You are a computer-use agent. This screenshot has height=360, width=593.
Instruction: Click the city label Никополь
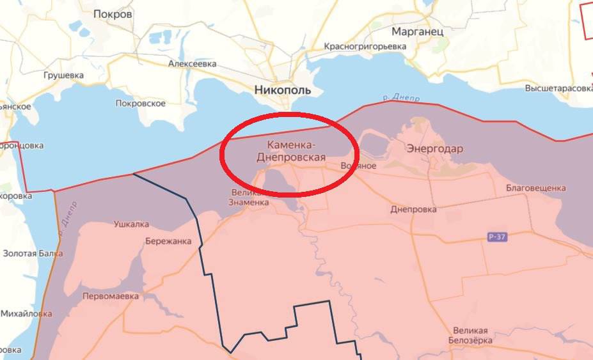[282, 90]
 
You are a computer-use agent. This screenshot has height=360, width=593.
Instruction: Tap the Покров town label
[113, 13]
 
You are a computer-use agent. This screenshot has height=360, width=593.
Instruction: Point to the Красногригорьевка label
[365, 47]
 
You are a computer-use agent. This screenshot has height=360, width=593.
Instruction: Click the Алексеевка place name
[192, 64]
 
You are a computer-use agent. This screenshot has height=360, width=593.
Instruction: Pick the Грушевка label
[63, 75]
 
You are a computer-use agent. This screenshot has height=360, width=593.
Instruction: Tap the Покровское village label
[140, 104]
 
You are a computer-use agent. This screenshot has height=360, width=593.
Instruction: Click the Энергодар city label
[434, 148]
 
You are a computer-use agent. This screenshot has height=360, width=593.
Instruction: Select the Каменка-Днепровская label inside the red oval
[291, 152]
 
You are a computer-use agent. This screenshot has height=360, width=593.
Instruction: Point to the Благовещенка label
[535, 188]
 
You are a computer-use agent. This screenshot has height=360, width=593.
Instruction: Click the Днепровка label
[413, 209]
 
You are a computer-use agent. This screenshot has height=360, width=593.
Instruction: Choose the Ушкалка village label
[131, 224]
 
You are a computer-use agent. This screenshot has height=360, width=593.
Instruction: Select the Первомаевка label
[111, 297]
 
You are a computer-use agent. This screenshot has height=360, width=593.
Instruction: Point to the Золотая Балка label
[33, 253]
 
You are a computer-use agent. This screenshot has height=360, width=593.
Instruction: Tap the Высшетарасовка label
[558, 88]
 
